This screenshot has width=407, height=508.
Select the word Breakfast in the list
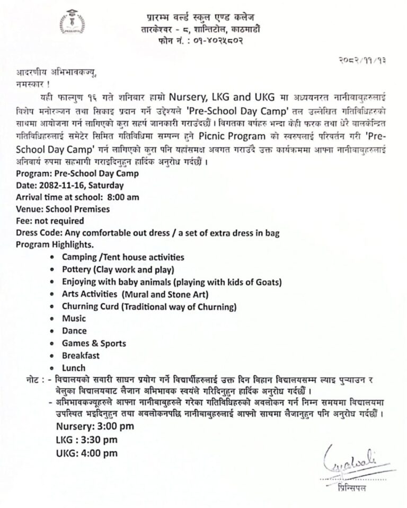[81, 355]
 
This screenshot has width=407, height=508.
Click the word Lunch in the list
[74, 367]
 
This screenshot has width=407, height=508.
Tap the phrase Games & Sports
[91, 343]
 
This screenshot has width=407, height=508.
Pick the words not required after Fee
[61, 221]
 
